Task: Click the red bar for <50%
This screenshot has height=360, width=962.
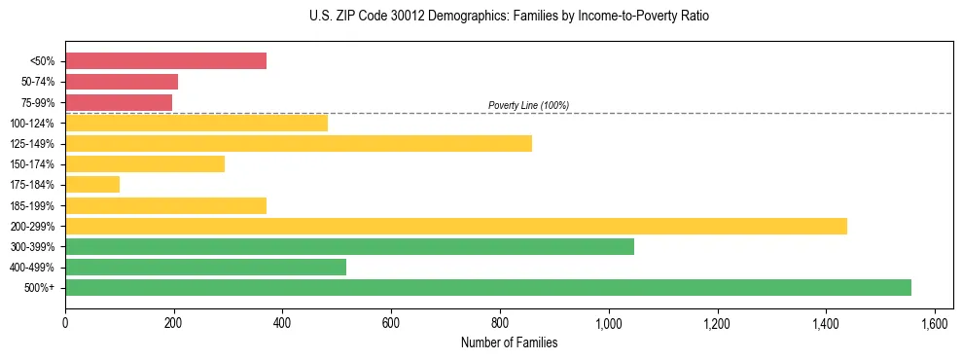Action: click(x=165, y=61)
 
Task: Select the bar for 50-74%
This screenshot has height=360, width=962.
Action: click(x=122, y=82)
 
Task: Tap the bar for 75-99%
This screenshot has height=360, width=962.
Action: click(x=119, y=102)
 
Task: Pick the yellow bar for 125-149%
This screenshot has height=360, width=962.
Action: click(x=299, y=144)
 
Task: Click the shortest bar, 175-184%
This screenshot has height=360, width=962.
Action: click(x=92, y=185)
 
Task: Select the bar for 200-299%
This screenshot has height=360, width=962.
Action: click(x=456, y=226)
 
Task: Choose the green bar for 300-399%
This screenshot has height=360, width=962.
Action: click(x=349, y=246)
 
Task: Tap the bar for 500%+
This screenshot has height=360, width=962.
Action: click(x=488, y=287)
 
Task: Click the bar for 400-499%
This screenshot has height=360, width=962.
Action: click(x=205, y=267)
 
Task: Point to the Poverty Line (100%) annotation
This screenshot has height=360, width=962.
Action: click(x=528, y=105)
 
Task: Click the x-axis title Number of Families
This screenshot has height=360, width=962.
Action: click(x=509, y=342)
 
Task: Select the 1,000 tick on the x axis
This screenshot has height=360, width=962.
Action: click(x=608, y=322)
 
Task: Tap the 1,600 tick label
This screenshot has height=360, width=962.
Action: click(x=934, y=322)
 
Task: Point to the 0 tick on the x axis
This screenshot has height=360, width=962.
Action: click(x=65, y=322)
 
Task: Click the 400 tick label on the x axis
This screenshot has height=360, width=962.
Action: click(x=282, y=322)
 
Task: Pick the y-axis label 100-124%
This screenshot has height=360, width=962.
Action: click(x=33, y=124)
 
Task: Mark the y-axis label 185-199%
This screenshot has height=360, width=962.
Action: click(x=33, y=206)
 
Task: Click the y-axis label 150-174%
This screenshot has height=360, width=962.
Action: click(x=33, y=164)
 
